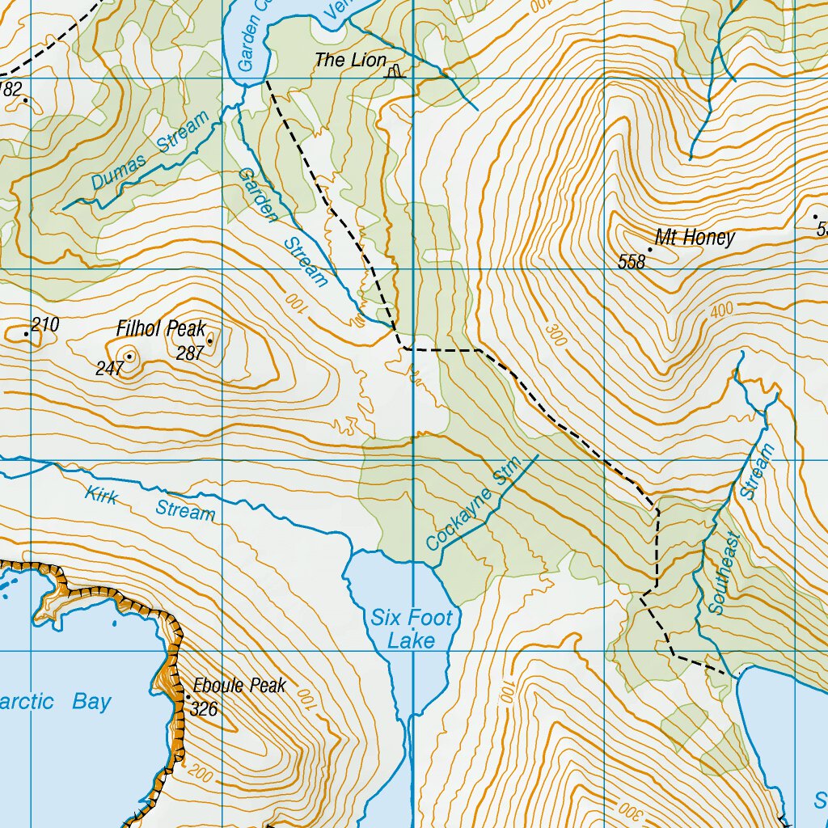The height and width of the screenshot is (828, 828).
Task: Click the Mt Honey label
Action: tap(695, 238)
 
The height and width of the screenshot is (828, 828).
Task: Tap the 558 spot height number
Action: tap(631, 261)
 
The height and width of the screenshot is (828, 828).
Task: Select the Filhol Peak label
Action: tap(161, 329)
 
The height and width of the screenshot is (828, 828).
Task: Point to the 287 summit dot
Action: tap(210, 341)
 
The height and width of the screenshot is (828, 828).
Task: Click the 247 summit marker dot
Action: tap(129, 356)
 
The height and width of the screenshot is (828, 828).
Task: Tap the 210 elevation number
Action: tap(46, 325)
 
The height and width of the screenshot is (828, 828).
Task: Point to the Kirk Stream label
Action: tap(151, 504)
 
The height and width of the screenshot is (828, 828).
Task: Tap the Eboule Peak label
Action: tap(239, 686)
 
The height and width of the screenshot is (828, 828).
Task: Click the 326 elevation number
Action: tap(205, 709)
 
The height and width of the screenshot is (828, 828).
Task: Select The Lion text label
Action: tap(350, 60)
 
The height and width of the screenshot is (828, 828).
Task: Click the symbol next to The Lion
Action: tap(395, 72)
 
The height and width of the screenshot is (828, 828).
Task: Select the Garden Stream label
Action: tap(283, 227)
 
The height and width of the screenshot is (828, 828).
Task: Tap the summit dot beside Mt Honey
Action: tap(650, 249)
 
